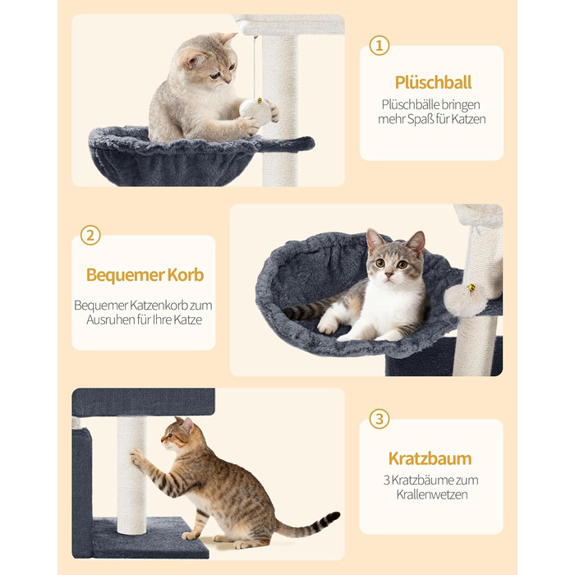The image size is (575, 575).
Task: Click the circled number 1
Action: [x=379, y=45]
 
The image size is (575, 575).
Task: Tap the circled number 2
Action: [x=90, y=235]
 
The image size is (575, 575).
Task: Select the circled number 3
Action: [x=379, y=419]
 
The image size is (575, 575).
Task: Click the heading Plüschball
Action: [x=433, y=82]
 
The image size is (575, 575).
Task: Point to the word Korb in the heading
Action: [x=186, y=274]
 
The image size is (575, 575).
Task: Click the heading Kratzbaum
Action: [x=430, y=458]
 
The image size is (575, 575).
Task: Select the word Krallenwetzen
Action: [x=432, y=494]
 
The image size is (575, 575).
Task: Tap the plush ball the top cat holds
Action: [x=256, y=111]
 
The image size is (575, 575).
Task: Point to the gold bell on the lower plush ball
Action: [x=471, y=287]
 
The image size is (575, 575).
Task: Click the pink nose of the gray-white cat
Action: [x=389, y=274]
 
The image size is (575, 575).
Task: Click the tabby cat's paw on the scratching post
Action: [x=136, y=457]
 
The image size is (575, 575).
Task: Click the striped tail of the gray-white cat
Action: [x=308, y=309]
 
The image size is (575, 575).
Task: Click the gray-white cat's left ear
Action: [x=375, y=240]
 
